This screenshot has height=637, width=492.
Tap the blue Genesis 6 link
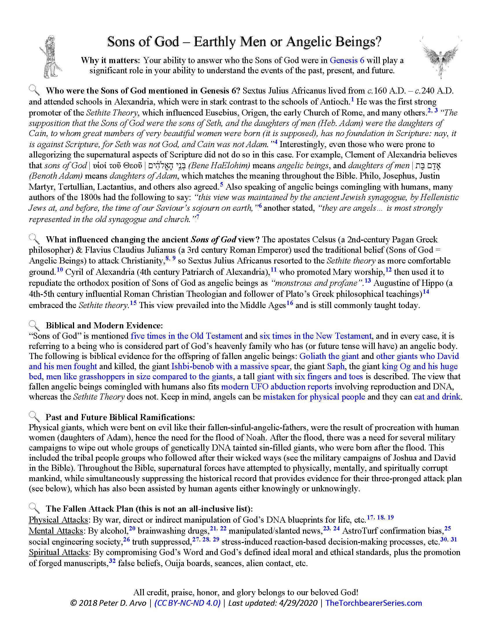pyautogui.click(x=347, y=61)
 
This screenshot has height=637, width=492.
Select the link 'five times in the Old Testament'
pyautogui.click(x=187, y=336)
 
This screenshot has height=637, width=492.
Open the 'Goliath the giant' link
pyautogui.click(x=329, y=356)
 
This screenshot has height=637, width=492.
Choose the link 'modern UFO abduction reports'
pyautogui.click(x=277, y=387)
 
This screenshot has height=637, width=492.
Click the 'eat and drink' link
pyautogui.click(x=437, y=397)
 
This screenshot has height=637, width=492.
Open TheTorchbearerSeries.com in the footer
pyautogui.click(x=373, y=603)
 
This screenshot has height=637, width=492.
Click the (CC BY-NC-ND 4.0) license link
pyautogui.click(x=187, y=603)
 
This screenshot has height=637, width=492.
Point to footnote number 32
pyautogui.click(x=112, y=560)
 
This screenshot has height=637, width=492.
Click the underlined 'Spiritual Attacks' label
pyautogui.click(x=58, y=552)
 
